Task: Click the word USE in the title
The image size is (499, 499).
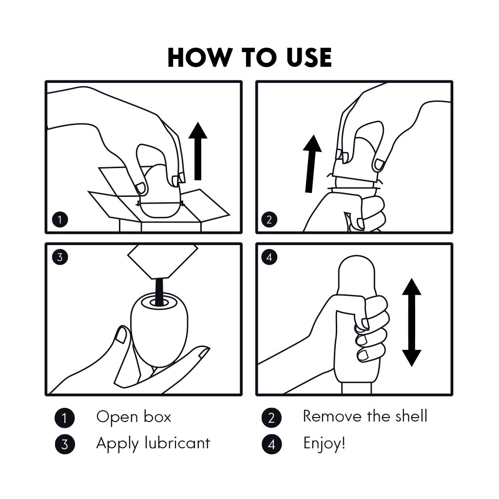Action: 308,58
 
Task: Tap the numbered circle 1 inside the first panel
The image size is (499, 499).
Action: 60,220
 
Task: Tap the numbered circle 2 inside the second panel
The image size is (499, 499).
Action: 269,220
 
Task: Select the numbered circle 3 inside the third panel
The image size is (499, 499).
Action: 60,257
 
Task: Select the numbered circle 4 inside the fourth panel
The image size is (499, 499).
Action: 269,257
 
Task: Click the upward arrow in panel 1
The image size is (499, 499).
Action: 198,151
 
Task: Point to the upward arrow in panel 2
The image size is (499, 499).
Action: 311,164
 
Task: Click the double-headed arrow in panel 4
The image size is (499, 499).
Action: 411,323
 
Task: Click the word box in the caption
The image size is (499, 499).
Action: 157,417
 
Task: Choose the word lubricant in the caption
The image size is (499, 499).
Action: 177,443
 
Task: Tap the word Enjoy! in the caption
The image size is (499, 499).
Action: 324,443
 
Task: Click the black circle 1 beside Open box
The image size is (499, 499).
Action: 65,418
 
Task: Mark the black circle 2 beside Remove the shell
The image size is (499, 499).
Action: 271,418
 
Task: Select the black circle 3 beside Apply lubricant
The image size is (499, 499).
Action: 65,444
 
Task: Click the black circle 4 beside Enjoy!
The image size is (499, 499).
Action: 271,444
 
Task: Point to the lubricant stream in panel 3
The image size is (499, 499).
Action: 159,290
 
